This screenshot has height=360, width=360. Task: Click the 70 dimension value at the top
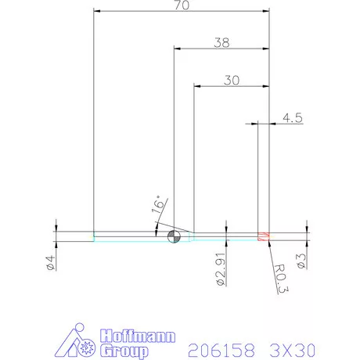tap(182, 5)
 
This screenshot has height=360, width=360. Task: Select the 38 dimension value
tap(222, 44)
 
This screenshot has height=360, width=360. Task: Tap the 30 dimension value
tap(232, 80)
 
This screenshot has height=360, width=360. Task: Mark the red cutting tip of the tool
tap(264, 236)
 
